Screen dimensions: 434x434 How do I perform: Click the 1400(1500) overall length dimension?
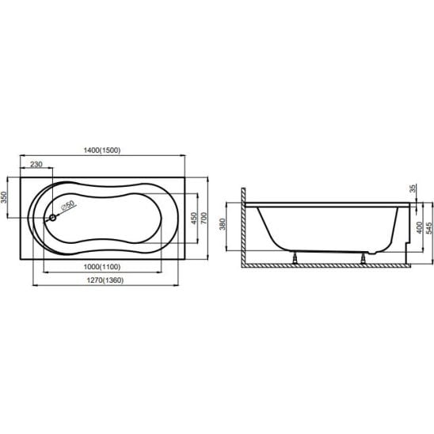[x=102, y=150]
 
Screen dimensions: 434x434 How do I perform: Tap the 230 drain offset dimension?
[x=36, y=165]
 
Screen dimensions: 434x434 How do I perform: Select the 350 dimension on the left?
[x=4, y=197]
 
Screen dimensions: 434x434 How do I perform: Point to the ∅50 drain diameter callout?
[x=68, y=205]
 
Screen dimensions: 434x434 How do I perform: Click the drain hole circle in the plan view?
[x=52, y=218]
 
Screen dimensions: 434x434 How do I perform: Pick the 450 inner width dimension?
[x=194, y=218]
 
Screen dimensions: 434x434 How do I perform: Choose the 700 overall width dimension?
[x=204, y=218]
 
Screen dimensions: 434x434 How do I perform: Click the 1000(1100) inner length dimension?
[x=102, y=267]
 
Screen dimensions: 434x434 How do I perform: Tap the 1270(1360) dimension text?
[x=105, y=280]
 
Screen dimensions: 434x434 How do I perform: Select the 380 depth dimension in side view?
[x=223, y=224]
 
